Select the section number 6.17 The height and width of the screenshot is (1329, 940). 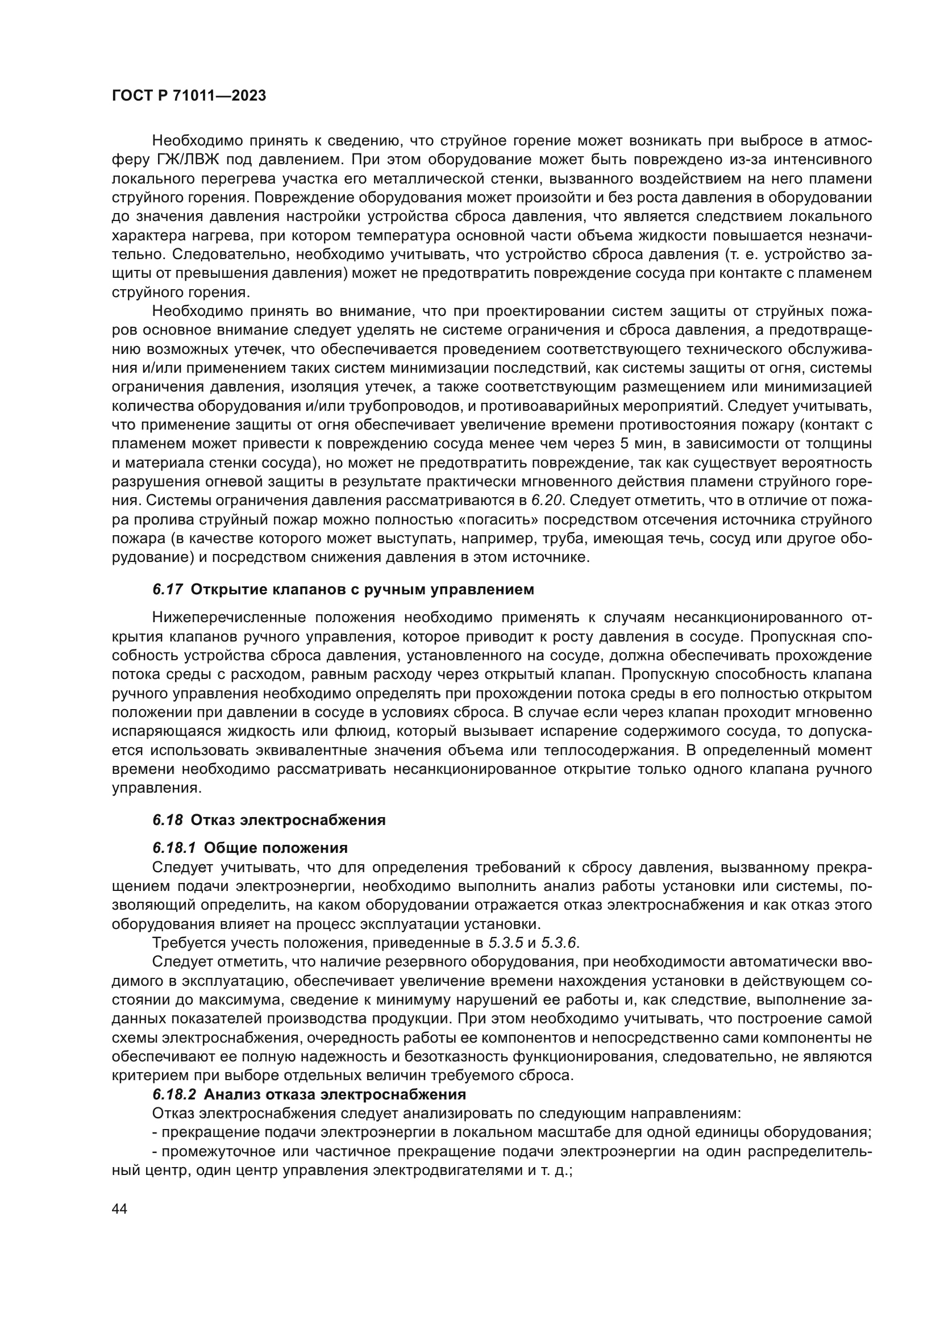168,590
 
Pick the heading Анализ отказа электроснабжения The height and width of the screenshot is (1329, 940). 335,1111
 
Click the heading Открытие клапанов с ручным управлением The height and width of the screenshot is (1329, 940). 362,590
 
